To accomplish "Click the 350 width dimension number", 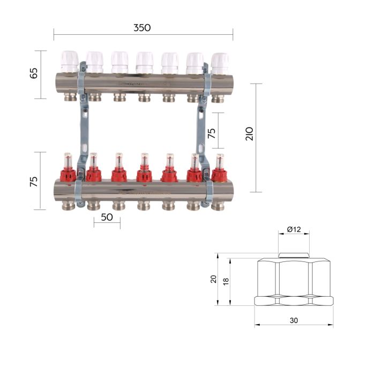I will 142,28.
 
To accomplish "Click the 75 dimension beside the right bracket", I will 212,133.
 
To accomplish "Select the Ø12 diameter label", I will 294,229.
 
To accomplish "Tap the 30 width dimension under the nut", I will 294,320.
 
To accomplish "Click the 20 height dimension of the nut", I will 214,279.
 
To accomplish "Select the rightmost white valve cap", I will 220,62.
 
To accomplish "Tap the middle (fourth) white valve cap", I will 144,61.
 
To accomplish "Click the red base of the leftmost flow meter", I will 67,175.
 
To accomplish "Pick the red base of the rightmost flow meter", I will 219,174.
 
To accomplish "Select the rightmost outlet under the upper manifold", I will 219,99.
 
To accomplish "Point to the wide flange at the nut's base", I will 294,300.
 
